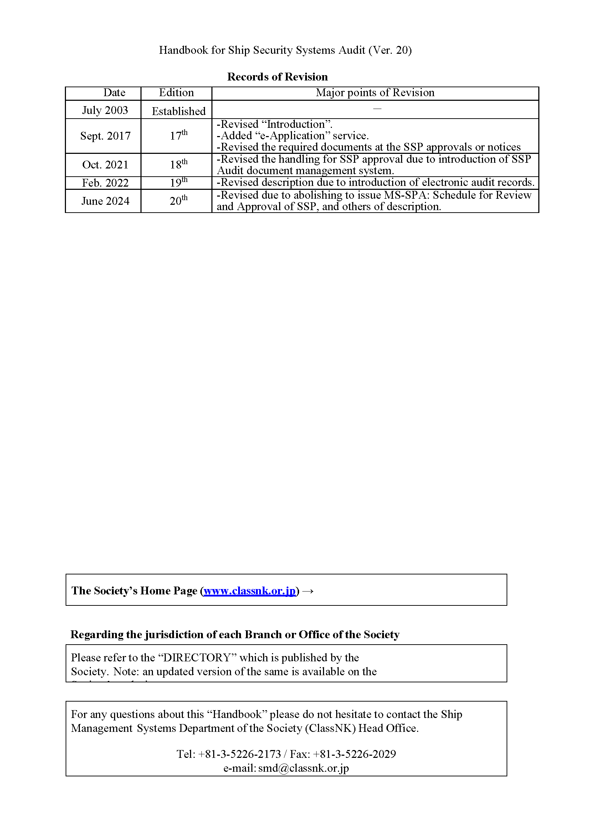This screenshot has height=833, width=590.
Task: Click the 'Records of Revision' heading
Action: tap(277, 77)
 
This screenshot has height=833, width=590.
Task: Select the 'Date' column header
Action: tap(114, 93)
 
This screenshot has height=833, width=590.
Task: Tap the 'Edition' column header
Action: tap(176, 93)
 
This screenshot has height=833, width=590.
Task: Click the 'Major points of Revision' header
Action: tap(375, 93)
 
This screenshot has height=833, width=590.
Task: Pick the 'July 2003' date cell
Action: tap(105, 110)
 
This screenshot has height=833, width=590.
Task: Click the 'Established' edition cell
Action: tap(178, 111)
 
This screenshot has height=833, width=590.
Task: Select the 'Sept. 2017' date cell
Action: tap(106, 136)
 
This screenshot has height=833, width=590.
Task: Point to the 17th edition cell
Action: tap(178, 135)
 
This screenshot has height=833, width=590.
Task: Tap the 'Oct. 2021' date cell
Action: tap(106, 165)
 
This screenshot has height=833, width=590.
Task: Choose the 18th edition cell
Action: tap(178, 165)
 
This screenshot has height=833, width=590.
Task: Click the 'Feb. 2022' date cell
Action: tap(106, 183)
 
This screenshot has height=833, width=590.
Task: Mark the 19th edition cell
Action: tap(178, 182)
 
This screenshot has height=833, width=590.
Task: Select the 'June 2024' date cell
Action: tap(106, 201)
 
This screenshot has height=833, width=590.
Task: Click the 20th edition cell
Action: tap(178, 201)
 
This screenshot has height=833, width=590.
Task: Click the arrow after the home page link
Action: tap(308, 592)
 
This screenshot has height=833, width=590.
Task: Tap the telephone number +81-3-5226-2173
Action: tap(240, 754)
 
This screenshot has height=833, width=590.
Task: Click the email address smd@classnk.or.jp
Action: tap(303, 768)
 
